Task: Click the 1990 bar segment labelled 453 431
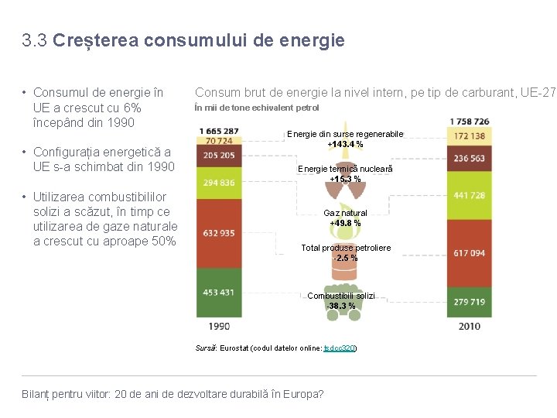[x=219, y=293]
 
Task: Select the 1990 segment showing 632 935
[x=219, y=234]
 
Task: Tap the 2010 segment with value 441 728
[x=470, y=196]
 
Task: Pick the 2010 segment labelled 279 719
[x=470, y=302]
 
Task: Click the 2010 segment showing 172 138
[x=470, y=135]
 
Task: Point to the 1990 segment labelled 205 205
[x=219, y=156]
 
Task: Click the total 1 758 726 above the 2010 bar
[x=470, y=122]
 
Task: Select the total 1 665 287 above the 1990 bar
[x=219, y=131]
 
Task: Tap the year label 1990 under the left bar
[x=219, y=327]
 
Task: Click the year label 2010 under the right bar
[x=470, y=327]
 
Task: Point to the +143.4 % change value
[x=345, y=144]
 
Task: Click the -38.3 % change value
[x=341, y=306]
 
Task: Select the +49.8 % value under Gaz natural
[x=345, y=223]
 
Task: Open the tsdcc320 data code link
[x=340, y=348]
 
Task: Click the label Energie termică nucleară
[x=345, y=169]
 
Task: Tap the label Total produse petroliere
[x=346, y=248]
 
